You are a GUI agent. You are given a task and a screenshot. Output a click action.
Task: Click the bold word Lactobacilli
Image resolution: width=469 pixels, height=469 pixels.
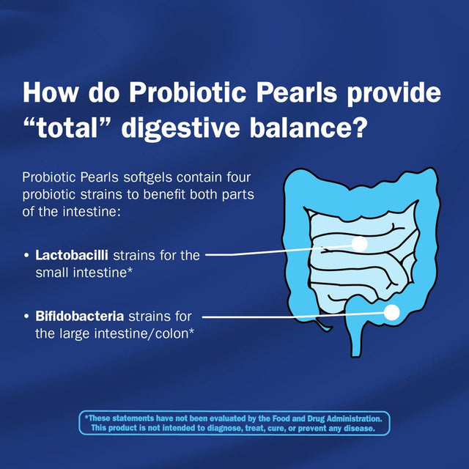click(x=72, y=255)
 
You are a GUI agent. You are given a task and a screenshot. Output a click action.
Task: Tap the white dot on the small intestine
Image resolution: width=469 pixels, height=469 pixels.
click(x=359, y=244)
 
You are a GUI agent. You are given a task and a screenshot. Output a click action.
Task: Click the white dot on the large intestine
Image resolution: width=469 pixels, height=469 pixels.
click(x=391, y=312)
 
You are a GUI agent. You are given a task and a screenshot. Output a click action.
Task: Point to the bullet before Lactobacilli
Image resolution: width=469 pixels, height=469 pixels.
click(x=27, y=256)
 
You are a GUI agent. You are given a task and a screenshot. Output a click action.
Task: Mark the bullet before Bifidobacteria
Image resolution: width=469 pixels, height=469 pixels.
click(x=27, y=317)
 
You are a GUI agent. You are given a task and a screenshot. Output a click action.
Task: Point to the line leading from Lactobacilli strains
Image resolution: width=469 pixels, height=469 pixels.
click(x=278, y=251)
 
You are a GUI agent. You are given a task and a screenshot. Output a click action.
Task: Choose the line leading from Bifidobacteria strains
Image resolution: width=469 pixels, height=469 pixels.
click(x=293, y=316)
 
